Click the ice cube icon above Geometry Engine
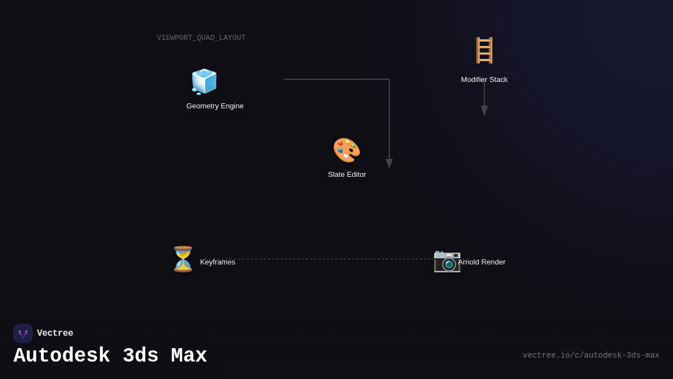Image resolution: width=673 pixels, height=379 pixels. click(204, 81)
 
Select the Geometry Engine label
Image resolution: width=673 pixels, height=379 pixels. click(215, 106)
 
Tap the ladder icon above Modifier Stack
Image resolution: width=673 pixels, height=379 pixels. click(484, 51)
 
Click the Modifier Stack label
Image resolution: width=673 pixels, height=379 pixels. click(484, 80)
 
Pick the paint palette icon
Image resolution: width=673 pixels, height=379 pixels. click(347, 150)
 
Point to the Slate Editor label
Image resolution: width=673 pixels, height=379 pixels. click(347, 175)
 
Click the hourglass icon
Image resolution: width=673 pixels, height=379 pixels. click(183, 259)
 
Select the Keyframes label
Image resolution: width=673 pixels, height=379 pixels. click(218, 262)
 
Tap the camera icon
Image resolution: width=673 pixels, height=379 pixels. click(447, 261)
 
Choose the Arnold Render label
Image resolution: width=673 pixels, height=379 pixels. click(481, 262)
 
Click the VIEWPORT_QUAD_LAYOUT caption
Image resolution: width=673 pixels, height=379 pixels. click(201, 38)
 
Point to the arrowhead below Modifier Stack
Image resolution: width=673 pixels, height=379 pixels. click(484, 111)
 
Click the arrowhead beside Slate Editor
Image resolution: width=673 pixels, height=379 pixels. click(389, 163)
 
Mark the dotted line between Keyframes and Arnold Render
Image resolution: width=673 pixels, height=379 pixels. click(336, 259)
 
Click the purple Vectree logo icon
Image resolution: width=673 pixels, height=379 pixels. click(23, 334)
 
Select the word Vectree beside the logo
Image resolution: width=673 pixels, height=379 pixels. click(55, 334)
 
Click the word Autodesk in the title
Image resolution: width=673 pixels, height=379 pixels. click(62, 356)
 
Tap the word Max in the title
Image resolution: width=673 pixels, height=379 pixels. click(189, 356)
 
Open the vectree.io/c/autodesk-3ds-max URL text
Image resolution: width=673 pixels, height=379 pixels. click(591, 355)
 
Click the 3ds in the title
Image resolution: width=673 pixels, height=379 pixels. click(140, 356)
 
